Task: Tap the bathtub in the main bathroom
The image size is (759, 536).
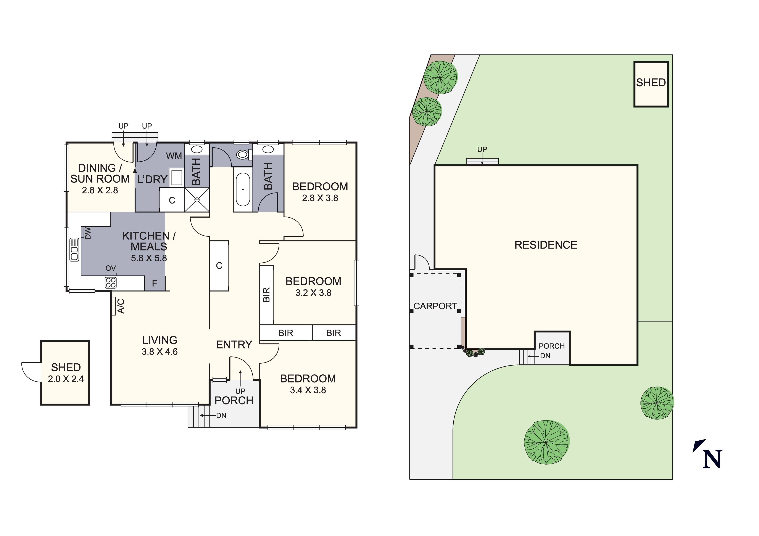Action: pyautogui.click(x=243, y=189)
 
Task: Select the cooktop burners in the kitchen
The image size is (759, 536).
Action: pyautogui.click(x=111, y=282)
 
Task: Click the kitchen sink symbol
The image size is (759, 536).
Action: pyautogui.click(x=74, y=249)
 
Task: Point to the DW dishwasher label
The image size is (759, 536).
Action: pyautogui.click(x=88, y=233)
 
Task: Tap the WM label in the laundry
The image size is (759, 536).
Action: pyautogui.click(x=174, y=156)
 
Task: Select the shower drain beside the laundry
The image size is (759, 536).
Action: pyautogui.click(x=197, y=200)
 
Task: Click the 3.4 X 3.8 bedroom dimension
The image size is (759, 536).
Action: pyautogui.click(x=308, y=390)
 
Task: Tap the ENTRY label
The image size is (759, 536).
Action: pyautogui.click(x=234, y=345)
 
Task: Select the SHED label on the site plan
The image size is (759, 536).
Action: pyautogui.click(x=651, y=83)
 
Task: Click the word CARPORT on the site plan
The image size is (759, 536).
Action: pyautogui.click(x=435, y=306)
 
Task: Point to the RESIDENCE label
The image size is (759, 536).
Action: pyautogui.click(x=546, y=245)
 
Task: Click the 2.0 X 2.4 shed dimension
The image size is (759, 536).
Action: pyautogui.click(x=66, y=379)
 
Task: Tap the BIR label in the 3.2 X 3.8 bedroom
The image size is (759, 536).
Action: pyautogui.click(x=266, y=295)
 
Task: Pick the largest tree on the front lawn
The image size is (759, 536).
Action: pyautogui.click(x=546, y=442)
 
